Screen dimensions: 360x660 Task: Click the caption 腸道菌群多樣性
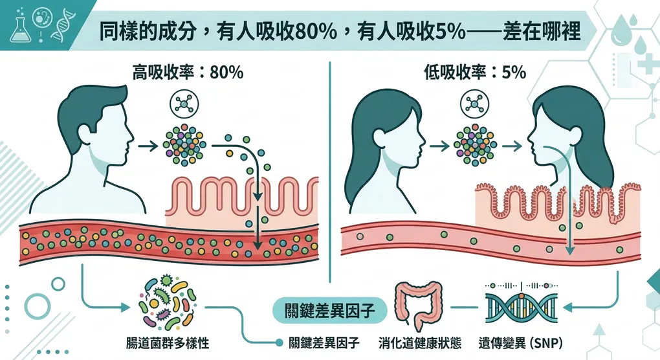pos(167,343)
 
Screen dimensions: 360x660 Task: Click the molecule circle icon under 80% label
pos(184,104)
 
